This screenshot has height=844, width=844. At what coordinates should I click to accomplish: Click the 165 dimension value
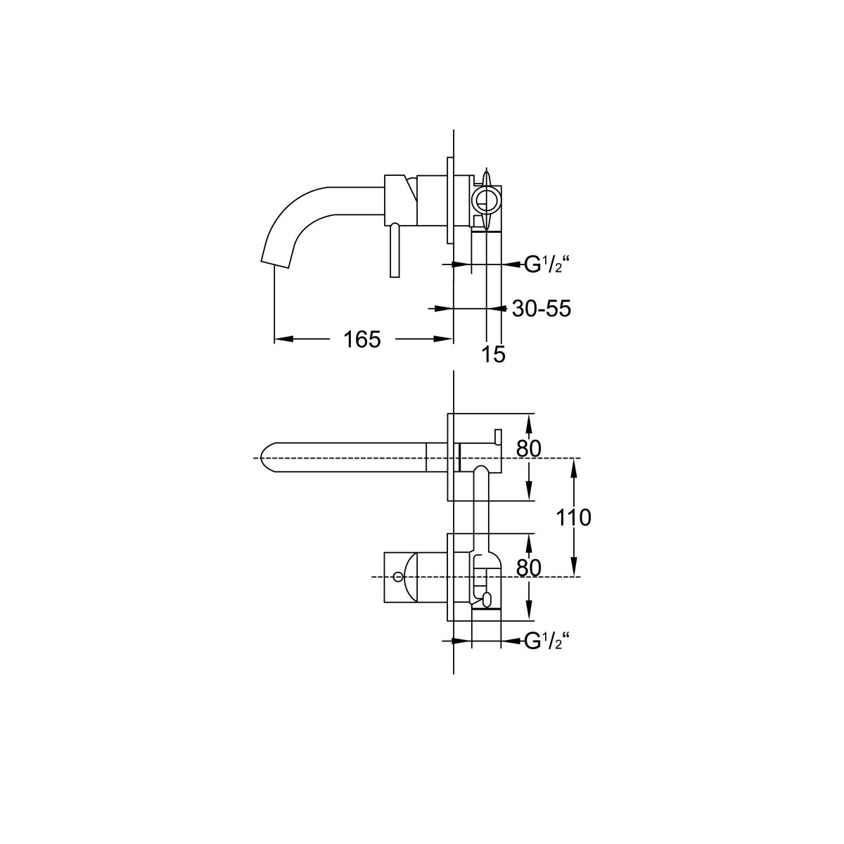coord(362,340)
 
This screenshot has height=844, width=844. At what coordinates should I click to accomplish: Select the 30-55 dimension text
coord(542,309)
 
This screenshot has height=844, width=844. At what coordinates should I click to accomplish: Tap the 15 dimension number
coord(494,354)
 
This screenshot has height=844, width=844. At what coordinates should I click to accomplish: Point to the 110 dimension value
coord(573,517)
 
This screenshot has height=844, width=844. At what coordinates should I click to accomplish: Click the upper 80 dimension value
coord(529,448)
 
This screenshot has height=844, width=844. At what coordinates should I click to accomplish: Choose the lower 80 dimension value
coord(529,568)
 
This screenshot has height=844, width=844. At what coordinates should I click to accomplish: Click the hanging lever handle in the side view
coord(395,250)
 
